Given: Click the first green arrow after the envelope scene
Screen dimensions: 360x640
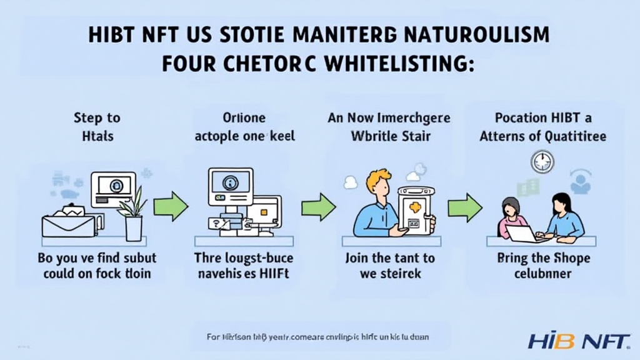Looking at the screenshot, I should pyautogui.click(x=171, y=207).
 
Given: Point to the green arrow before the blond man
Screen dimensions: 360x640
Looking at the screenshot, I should pyautogui.click(x=318, y=207).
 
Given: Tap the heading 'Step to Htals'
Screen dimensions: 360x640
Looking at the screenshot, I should pyautogui.click(x=96, y=127).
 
